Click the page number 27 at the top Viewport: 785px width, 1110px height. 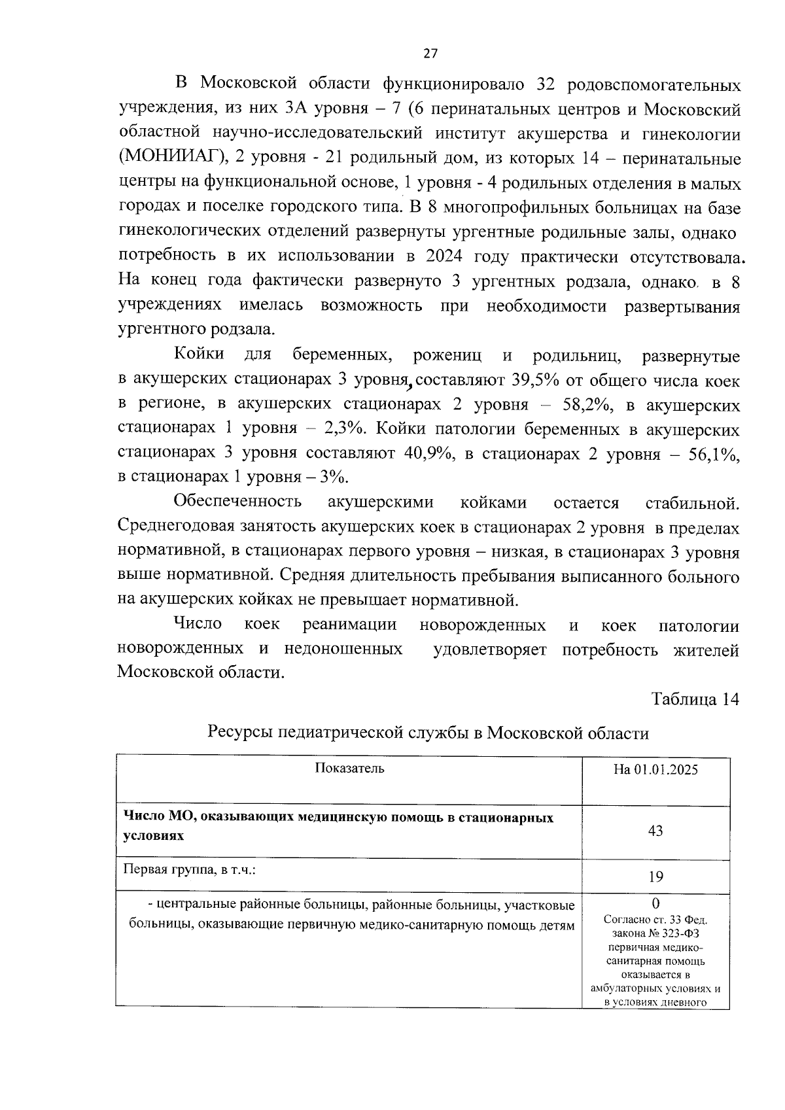click(x=430, y=54)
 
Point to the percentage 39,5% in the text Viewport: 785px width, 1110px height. click(x=461, y=381)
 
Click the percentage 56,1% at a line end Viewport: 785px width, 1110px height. click(x=714, y=453)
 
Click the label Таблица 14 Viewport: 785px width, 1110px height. click(x=695, y=699)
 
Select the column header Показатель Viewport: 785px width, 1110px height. click(x=349, y=768)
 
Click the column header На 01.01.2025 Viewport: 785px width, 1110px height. click(x=655, y=769)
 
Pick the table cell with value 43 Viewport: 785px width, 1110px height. click(x=655, y=831)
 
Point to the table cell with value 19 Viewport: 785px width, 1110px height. click(x=655, y=876)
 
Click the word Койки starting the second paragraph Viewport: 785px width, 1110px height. click(x=199, y=355)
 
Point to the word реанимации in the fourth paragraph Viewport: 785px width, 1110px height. click(x=349, y=625)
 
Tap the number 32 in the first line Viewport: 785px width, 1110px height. click(x=546, y=85)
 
